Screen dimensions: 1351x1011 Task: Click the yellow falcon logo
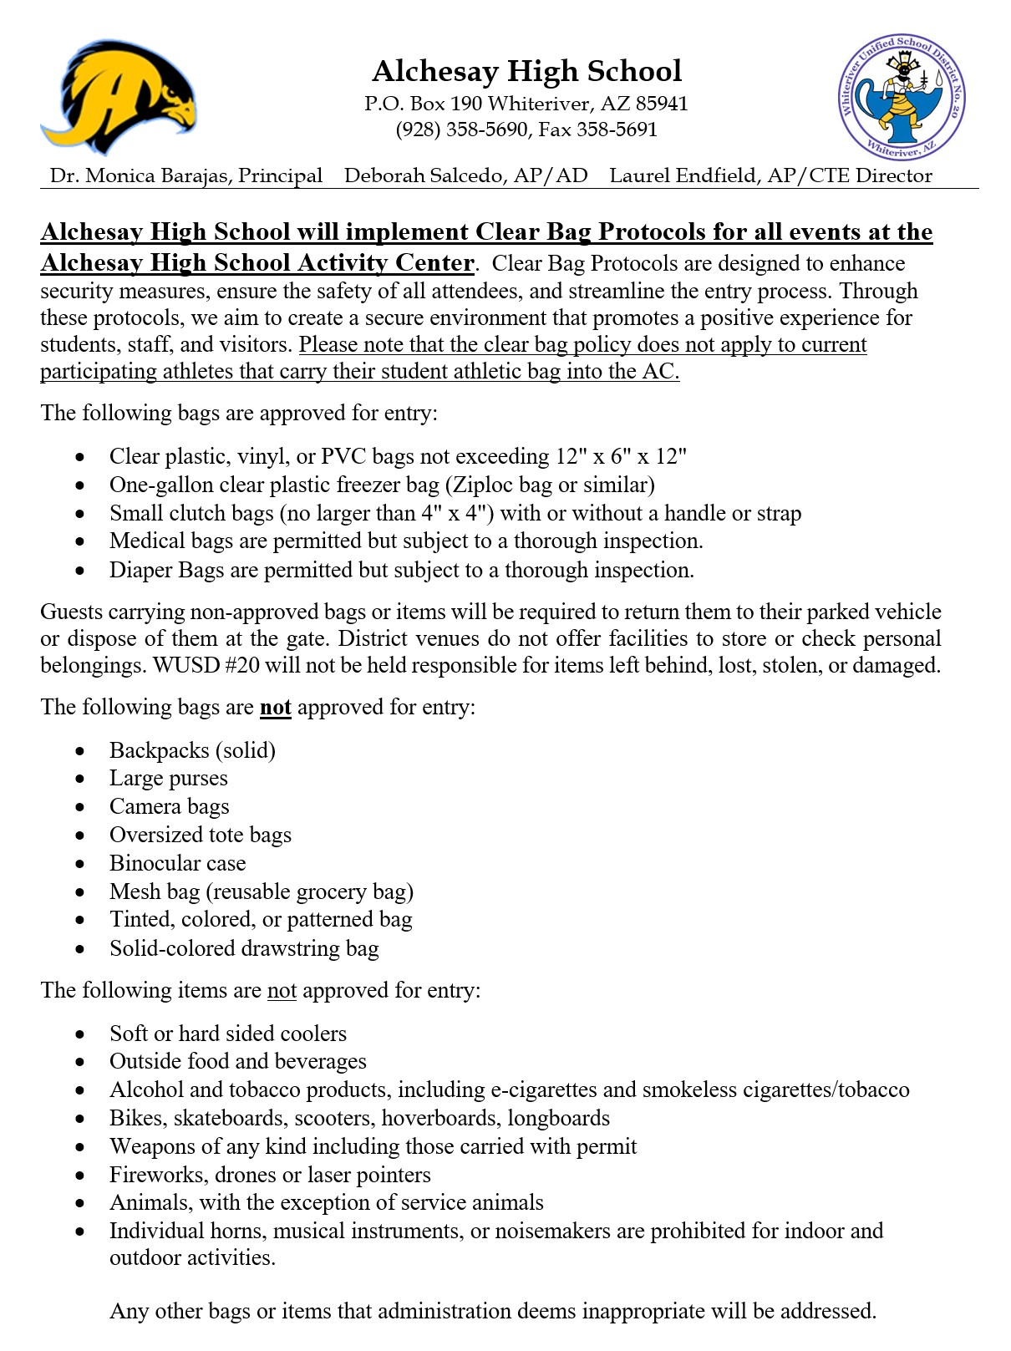click(x=119, y=96)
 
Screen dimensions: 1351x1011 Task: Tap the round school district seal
click(x=901, y=98)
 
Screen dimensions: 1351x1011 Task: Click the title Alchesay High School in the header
click(x=526, y=71)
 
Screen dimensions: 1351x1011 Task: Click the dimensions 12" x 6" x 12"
click(x=621, y=456)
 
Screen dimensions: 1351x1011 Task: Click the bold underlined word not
click(x=275, y=708)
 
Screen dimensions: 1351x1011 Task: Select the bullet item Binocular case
click(x=177, y=863)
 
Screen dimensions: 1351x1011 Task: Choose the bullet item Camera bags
click(x=169, y=806)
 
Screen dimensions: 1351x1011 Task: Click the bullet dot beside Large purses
click(x=80, y=779)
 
